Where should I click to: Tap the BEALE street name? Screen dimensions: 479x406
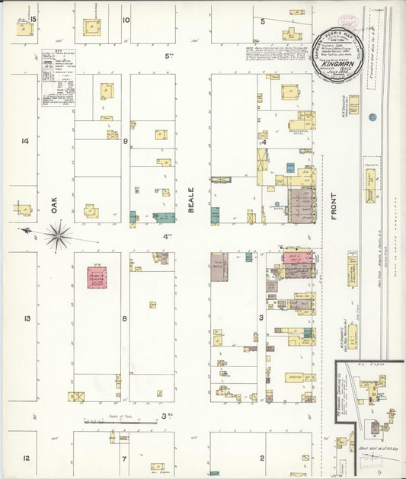192,200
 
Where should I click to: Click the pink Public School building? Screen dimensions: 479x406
97,276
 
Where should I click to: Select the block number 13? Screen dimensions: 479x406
26,318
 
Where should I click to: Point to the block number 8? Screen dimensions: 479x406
124,318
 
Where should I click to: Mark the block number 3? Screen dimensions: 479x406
261,317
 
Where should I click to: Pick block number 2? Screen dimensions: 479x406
261,458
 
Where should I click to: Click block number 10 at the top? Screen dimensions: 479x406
126,20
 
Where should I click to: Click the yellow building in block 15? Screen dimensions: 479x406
25,29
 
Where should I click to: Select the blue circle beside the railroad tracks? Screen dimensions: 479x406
372,117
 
